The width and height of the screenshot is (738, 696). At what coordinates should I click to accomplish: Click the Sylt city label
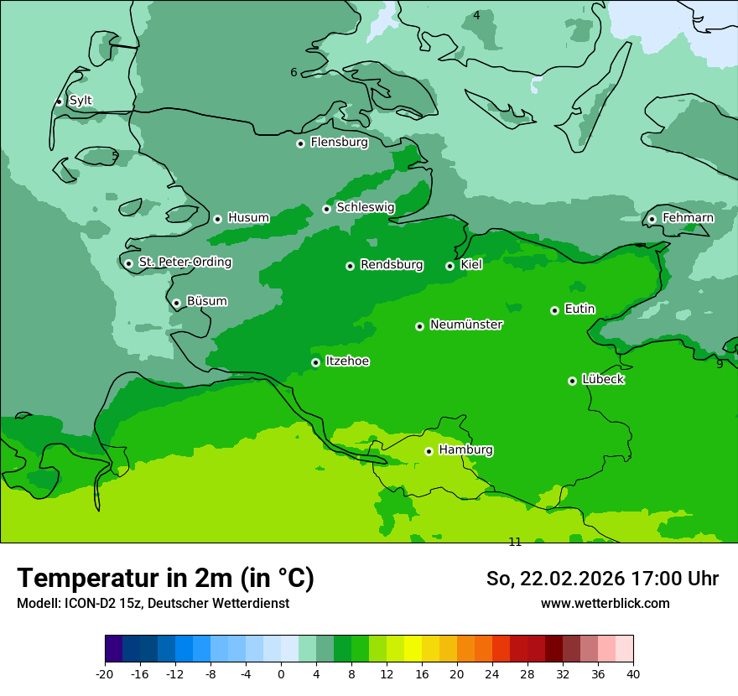click(81, 101)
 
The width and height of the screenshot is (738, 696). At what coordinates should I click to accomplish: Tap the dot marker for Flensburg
click(300, 143)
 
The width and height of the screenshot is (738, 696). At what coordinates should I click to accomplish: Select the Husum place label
click(248, 218)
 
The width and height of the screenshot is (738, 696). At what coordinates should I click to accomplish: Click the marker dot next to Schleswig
click(326, 209)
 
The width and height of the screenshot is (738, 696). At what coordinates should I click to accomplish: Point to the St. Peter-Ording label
click(184, 262)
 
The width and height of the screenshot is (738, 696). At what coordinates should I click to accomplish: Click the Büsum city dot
click(176, 304)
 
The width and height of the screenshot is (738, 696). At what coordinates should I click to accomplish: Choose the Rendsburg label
click(391, 265)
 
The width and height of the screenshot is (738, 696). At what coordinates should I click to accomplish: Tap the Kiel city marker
click(450, 266)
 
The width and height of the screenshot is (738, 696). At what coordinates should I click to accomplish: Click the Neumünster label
click(466, 325)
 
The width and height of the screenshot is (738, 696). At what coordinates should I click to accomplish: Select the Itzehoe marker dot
click(315, 362)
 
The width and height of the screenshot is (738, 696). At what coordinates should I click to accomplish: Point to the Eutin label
click(579, 309)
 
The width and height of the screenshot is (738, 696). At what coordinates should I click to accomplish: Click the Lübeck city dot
click(572, 381)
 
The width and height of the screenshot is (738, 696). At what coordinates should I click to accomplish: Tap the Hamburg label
click(465, 450)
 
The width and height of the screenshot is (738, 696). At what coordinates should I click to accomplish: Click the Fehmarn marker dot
click(652, 219)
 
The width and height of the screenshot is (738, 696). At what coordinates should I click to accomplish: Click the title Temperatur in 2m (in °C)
click(165, 579)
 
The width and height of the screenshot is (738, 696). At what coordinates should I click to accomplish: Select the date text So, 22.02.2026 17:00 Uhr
click(602, 579)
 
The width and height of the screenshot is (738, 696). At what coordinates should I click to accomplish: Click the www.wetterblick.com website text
click(605, 604)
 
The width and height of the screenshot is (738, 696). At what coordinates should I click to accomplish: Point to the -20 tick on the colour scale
click(105, 673)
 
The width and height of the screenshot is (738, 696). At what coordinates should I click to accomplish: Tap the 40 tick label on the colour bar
click(632, 673)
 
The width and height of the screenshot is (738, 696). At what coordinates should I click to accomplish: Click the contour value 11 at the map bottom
click(515, 542)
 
